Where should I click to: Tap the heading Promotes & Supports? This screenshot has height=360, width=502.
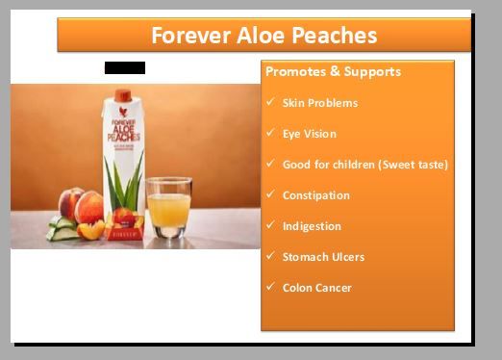[x=333, y=72]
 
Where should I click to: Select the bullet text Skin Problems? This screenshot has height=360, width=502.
[x=319, y=103]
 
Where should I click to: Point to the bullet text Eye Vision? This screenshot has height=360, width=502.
[x=309, y=134]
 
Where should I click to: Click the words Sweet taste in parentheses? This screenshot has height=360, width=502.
[x=414, y=165]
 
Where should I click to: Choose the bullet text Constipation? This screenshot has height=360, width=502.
[x=315, y=195]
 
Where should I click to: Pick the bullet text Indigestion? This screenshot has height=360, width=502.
[x=312, y=226]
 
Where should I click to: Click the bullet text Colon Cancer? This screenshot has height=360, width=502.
[x=316, y=288]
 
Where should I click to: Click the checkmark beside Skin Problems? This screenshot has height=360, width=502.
[x=271, y=102]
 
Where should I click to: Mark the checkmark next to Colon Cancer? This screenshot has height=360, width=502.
[x=271, y=287]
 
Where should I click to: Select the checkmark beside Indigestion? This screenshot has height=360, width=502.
[x=271, y=225]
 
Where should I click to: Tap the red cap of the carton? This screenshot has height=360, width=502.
[x=123, y=94]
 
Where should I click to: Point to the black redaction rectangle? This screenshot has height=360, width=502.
[x=125, y=67]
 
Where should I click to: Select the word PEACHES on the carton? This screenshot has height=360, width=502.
[x=123, y=138]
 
